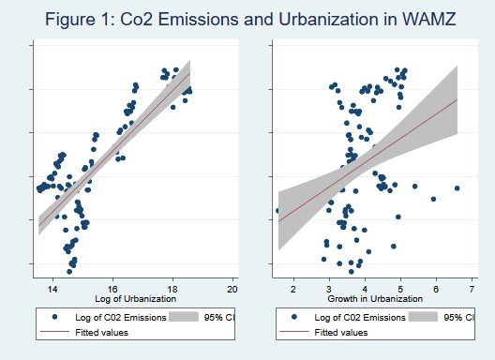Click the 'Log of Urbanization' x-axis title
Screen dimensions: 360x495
click(x=134, y=300)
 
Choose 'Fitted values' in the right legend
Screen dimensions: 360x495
click(x=341, y=332)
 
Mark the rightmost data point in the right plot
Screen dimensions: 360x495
click(x=457, y=188)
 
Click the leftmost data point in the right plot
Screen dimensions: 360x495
click(x=277, y=211)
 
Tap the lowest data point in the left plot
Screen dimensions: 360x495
click(x=68, y=272)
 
